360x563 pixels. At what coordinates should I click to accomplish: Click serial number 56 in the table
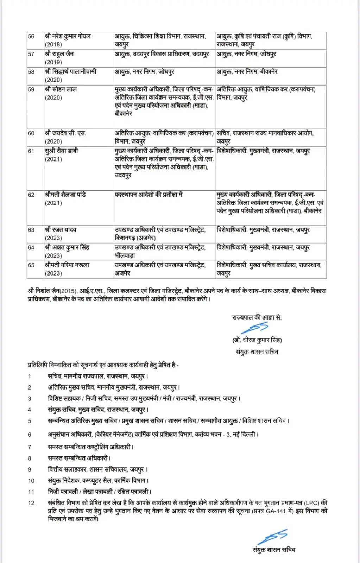[x=31, y=37]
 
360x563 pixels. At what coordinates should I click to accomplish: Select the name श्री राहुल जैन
[x=59, y=54]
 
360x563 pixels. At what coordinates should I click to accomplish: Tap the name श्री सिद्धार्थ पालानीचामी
[x=71, y=72]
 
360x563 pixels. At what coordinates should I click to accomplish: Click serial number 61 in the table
[x=31, y=151]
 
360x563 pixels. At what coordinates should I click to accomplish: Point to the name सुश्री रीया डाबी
[x=61, y=151]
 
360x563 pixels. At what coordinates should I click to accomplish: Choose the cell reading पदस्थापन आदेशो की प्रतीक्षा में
[x=149, y=195]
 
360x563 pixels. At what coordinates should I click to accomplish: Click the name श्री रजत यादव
[x=61, y=230]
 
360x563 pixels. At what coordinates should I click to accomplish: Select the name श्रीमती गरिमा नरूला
[x=67, y=265]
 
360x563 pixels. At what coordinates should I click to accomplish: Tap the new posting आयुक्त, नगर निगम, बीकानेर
[x=247, y=72]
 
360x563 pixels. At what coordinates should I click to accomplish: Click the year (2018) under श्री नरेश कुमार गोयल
[x=53, y=45]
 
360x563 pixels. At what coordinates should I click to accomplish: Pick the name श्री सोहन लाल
[x=61, y=89]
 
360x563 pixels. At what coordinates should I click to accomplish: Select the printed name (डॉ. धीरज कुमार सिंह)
[x=257, y=340]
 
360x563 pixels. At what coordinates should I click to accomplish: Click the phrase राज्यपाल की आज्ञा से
[x=257, y=317]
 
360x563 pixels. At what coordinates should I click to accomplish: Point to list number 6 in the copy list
[x=30, y=435]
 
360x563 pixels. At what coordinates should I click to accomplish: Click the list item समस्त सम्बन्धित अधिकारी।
[x=80, y=458]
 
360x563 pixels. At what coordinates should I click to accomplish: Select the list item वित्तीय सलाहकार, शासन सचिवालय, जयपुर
[x=97, y=469]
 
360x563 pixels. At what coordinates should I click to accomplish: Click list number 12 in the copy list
[x=31, y=503]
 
